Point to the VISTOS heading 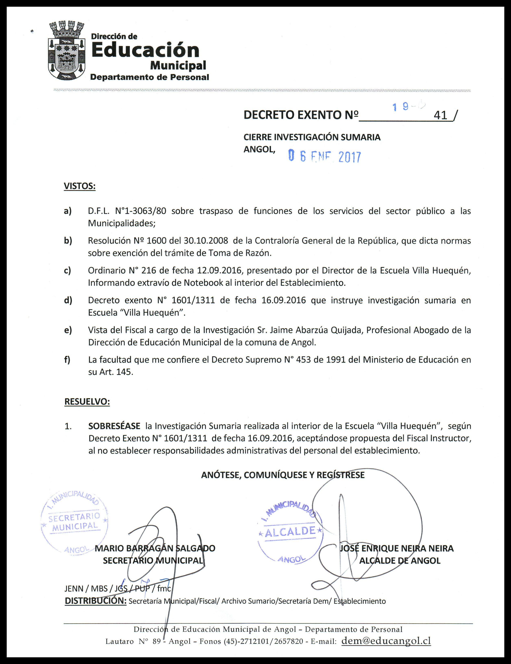(79, 186)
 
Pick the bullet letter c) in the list (67, 270)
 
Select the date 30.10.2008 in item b (206, 241)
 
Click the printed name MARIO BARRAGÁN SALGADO (155, 548)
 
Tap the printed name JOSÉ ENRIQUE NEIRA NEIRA (396, 548)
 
